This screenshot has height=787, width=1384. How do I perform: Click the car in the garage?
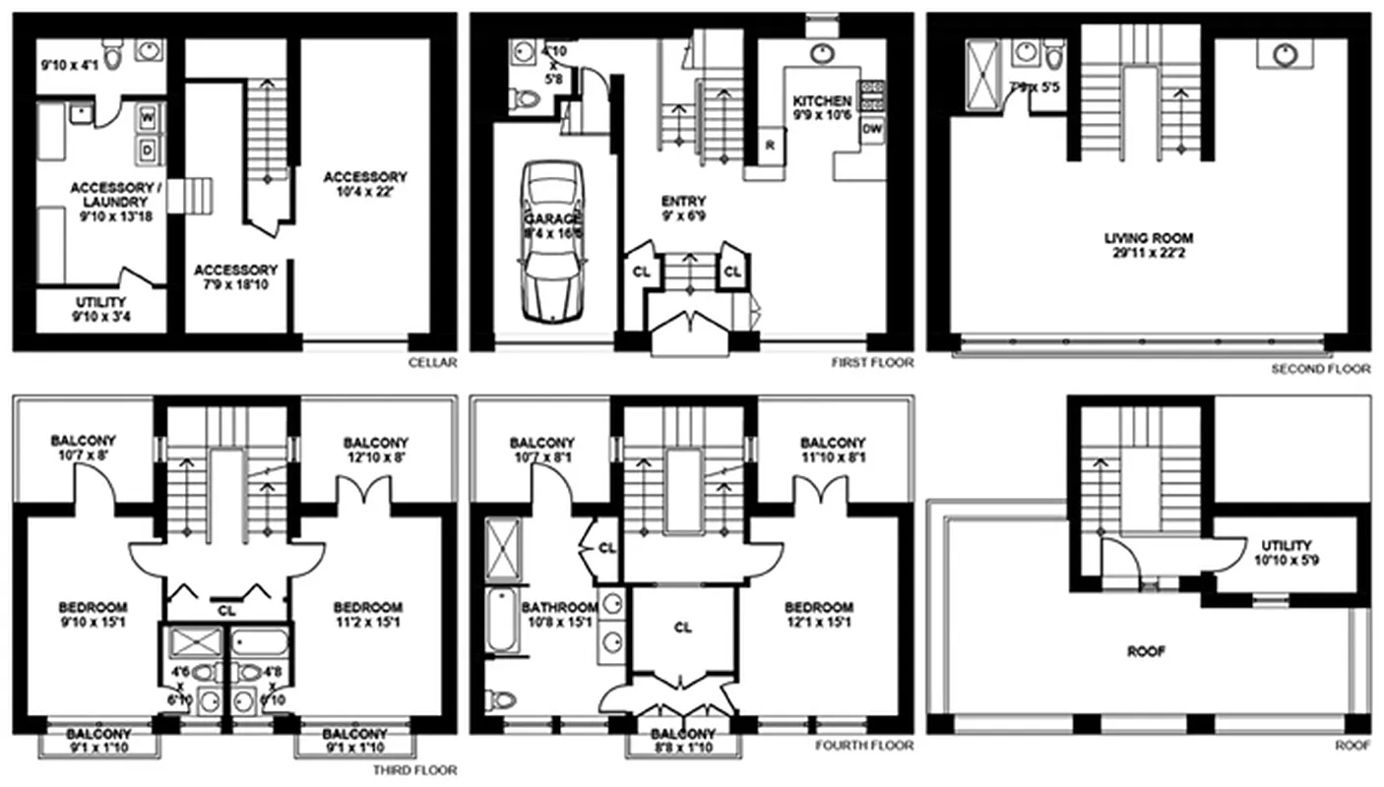coord(551,241)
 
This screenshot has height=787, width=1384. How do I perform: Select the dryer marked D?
coord(148,151)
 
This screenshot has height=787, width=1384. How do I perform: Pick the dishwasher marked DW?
coord(871,129)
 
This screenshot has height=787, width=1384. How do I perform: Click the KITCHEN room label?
coord(822,101)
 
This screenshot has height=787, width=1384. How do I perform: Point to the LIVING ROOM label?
coord(1148,238)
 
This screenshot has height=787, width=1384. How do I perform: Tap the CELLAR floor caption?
coord(432,363)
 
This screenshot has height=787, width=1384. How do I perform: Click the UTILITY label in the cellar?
coord(100,302)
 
